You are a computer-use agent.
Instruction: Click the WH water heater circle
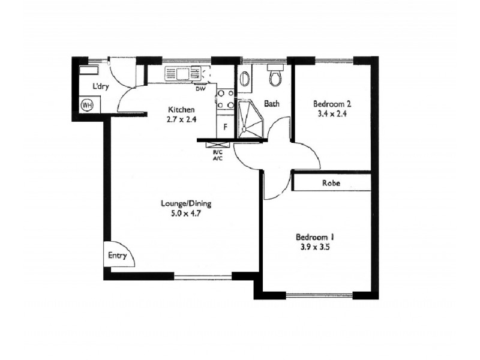pos(88,105)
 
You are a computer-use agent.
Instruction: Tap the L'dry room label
pos(101,86)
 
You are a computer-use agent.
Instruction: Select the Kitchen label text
pos(181,110)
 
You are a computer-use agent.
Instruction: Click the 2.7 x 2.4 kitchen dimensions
pos(181,119)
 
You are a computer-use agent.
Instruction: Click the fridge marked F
pos(225,127)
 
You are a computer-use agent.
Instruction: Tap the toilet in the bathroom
pos(276,77)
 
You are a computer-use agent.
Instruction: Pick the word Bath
pos(272,103)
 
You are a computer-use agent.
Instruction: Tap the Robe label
pos(331,183)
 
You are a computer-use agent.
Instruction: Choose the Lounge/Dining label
pos(186,203)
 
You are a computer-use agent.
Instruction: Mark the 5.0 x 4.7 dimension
pos(186,212)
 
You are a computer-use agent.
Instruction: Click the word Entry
pos(118,256)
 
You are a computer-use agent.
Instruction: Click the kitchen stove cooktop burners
pos(226,99)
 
